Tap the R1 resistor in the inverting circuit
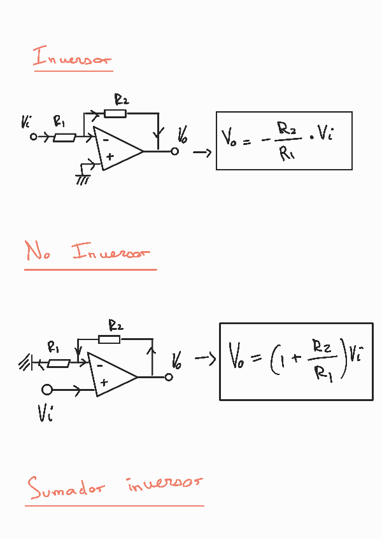click(64, 137)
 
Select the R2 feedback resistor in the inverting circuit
click(115, 114)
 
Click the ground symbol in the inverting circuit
click(82, 179)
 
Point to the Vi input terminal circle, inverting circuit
click(34, 136)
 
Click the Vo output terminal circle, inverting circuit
click(174, 152)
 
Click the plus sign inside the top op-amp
click(110, 156)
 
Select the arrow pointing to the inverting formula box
click(202, 153)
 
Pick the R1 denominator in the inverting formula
click(286, 154)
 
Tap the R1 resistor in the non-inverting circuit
click(59, 364)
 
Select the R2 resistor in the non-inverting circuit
click(110, 339)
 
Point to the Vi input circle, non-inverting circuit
click(46, 389)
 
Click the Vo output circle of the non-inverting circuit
click(169, 377)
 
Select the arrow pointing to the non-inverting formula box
click(205, 360)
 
